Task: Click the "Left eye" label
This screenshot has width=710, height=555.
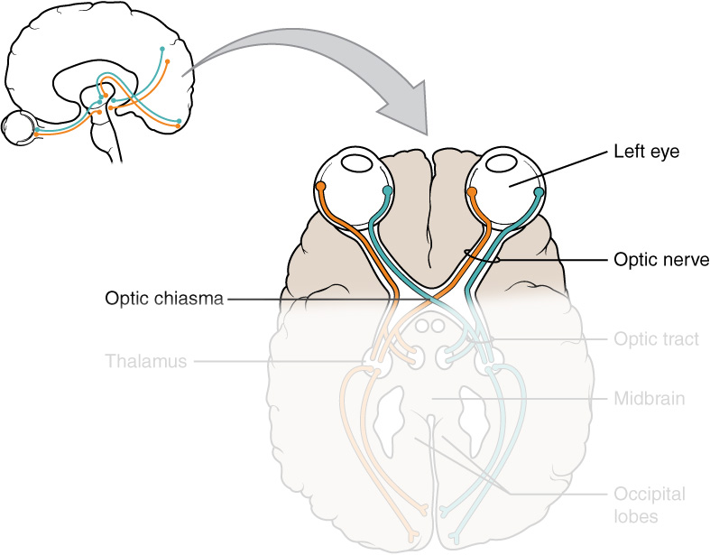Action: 646,153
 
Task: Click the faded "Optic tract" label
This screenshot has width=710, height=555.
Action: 650,339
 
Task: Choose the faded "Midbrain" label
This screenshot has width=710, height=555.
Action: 647,398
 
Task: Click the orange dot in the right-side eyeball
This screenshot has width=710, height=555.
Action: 471,191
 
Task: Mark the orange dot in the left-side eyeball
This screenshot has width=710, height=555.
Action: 320,187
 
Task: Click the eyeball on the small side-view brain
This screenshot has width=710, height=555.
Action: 18,128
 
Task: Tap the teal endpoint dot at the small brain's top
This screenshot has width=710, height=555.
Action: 162,47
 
